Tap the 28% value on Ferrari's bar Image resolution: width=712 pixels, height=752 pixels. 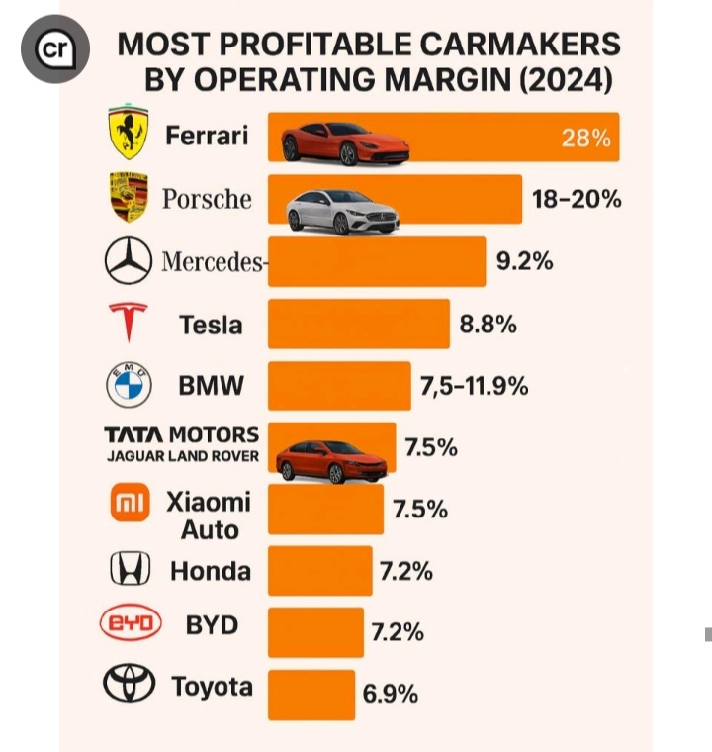(585, 138)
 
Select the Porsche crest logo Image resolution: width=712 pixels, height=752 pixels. (128, 197)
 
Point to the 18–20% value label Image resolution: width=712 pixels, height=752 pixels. (577, 199)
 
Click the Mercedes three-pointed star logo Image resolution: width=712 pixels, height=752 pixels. (129, 261)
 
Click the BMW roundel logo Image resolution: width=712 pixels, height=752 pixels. (129, 385)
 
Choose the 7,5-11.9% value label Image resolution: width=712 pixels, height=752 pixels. (474, 386)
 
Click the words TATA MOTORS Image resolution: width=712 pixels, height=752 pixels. (182, 435)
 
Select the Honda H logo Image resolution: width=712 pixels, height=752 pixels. (130, 569)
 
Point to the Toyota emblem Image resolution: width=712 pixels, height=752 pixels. (130, 684)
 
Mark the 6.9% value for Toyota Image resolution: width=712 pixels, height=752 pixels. (390, 694)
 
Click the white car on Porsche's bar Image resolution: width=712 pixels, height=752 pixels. (342, 211)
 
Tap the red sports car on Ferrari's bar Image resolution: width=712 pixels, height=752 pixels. (344, 143)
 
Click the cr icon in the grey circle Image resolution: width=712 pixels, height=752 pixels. (55, 49)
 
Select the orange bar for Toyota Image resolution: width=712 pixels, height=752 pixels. (311, 694)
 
